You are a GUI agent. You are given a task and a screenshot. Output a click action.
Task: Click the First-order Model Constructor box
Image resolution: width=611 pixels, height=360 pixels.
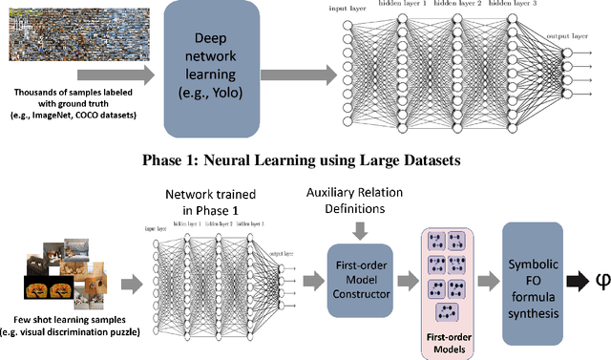tap(359, 278)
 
